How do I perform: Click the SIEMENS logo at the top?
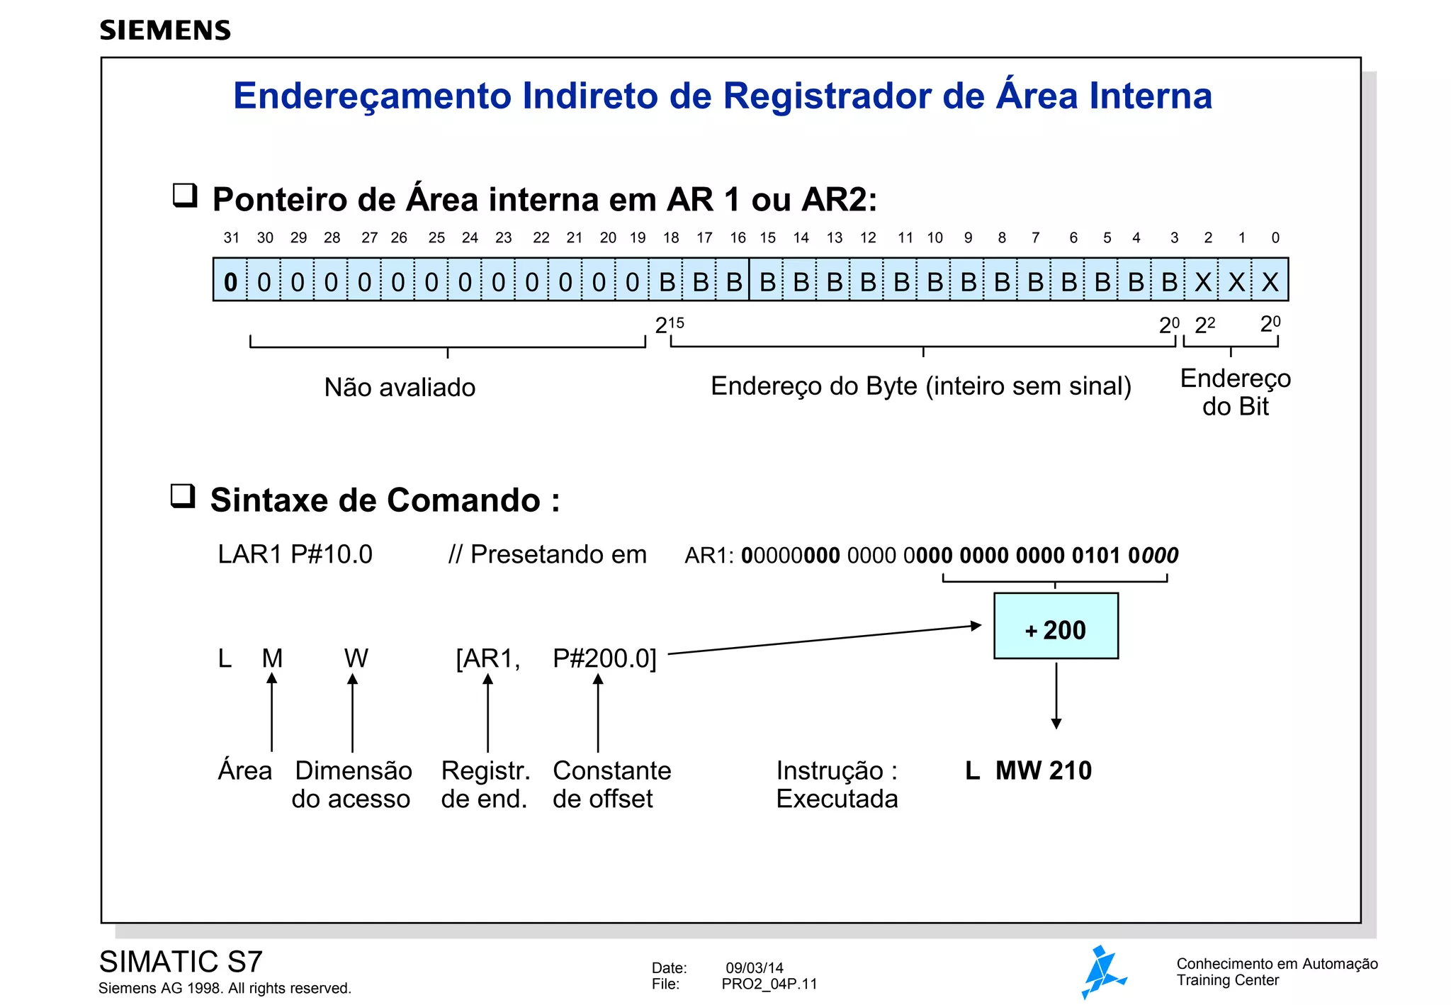165,30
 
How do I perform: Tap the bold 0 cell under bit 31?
230,281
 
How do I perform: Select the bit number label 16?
738,238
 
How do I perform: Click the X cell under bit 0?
1270,281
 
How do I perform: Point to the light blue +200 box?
1056,627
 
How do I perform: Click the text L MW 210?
1028,770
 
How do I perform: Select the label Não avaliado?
400,388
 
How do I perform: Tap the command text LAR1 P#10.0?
295,554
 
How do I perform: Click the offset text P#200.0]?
604,658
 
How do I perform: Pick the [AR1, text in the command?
487,658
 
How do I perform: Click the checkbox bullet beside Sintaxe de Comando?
183,495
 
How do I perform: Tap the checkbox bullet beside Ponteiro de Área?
185,194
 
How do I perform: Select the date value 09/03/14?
755,968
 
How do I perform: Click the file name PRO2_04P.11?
769,984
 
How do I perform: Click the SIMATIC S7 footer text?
181,962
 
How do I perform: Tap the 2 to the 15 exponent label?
669,325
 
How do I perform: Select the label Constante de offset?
611,784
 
